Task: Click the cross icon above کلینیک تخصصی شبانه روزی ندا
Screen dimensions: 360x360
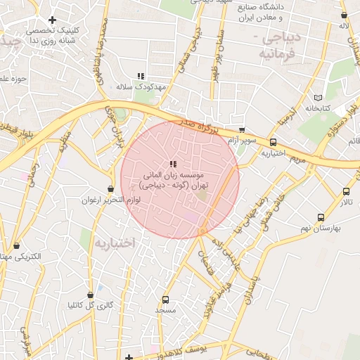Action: tap(52, 20)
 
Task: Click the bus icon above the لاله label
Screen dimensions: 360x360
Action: tap(344, 15)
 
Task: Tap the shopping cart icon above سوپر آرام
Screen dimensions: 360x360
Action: tap(242, 130)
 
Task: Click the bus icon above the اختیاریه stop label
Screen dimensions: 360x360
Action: tap(273, 142)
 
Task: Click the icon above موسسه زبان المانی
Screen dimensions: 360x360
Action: tap(173, 164)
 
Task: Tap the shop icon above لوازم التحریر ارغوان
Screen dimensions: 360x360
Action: tap(110, 188)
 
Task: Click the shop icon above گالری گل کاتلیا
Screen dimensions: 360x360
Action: tap(90, 295)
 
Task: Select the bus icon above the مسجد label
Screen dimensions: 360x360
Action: tap(165, 299)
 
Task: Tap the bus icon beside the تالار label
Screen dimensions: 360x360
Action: tap(346, 191)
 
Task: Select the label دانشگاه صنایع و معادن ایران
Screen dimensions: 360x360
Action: tap(273, 12)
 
